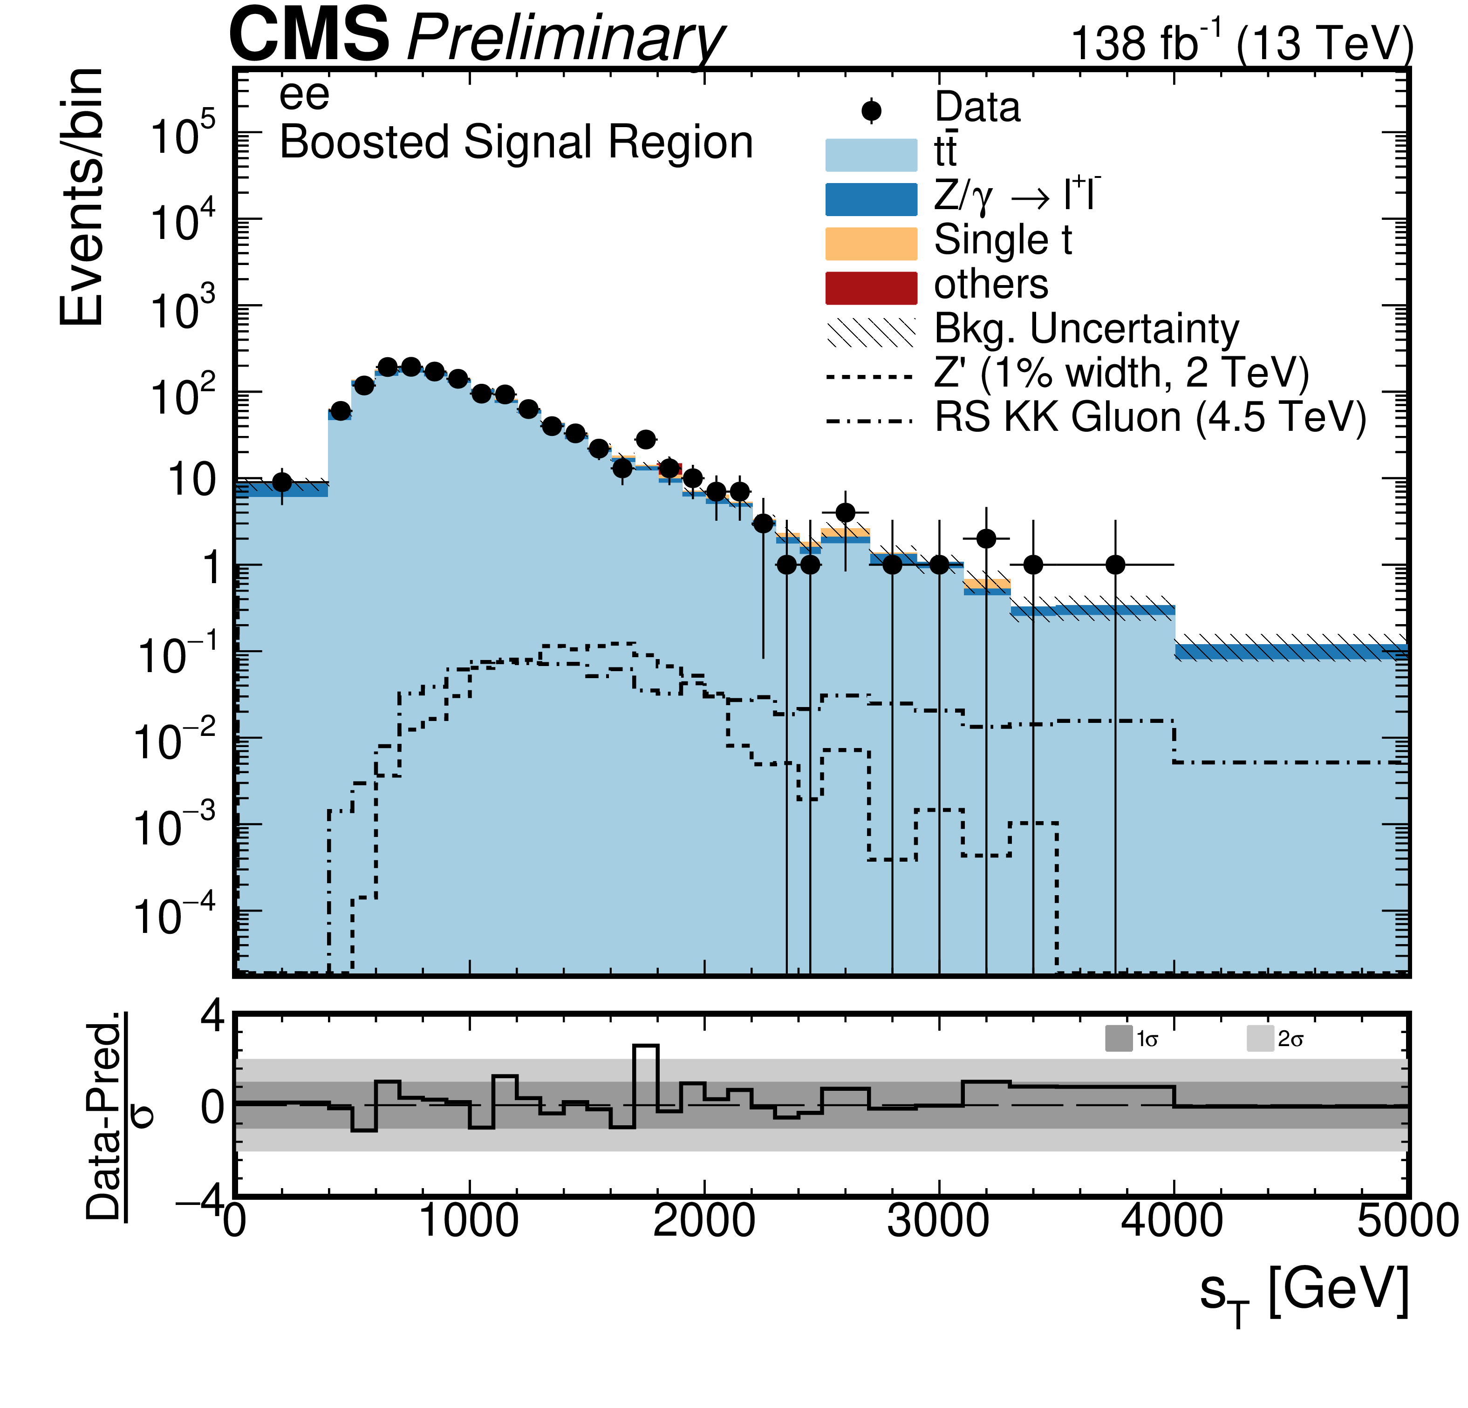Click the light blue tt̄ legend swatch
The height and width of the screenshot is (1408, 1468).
pyautogui.click(x=871, y=155)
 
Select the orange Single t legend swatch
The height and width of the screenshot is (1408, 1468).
pyautogui.click(x=871, y=244)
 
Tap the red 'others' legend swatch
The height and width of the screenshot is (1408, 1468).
pyautogui.click(x=871, y=287)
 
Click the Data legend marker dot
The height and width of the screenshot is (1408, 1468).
pyautogui.click(x=871, y=111)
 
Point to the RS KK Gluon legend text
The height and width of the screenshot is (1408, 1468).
pyautogui.click(x=1150, y=417)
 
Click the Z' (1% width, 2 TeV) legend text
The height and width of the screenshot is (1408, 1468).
pyautogui.click(x=1121, y=372)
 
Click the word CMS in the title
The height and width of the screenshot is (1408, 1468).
pyautogui.click(x=309, y=35)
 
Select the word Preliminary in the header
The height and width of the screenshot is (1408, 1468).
pyautogui.click(x=566, y=39)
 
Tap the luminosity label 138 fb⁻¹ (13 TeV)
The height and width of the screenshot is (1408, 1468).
pyautogui.click(x=1242, y=43)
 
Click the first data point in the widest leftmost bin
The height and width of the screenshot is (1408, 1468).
pyautogui.click(x=281, y=482)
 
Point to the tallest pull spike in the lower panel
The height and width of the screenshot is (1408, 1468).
pyautogui.click(x=646, y=1046)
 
